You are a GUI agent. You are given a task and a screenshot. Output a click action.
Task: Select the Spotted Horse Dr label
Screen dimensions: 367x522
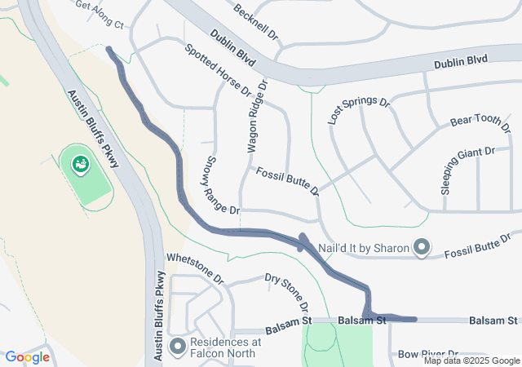218,70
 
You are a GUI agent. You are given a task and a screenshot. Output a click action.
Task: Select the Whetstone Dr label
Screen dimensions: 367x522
194,267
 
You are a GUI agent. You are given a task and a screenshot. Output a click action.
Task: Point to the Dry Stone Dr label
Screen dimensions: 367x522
287,291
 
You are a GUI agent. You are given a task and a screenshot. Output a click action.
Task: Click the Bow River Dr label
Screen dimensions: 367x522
429,355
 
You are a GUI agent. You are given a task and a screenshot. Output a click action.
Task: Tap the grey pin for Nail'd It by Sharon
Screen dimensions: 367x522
422,246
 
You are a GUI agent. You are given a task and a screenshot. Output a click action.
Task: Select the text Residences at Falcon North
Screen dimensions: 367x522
225,347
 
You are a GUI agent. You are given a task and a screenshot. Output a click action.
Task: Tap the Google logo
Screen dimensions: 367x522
28,357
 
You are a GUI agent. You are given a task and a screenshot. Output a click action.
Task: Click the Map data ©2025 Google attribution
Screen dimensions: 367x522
471,360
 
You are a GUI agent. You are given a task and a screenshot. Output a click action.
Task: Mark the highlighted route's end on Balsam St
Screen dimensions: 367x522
415,320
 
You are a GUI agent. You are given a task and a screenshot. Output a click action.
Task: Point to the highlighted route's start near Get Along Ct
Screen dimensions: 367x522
108,49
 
